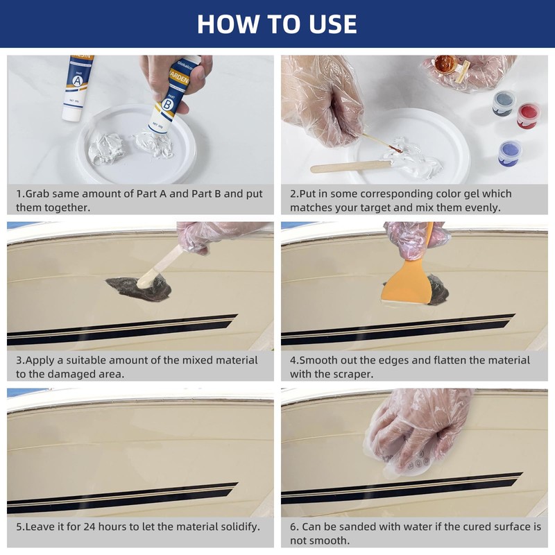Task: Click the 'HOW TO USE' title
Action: coord(277,24)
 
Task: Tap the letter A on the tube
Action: coord(77,81)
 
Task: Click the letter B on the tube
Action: coord(167,105)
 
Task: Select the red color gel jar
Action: coord(528,115)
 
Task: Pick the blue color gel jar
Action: coord(509,153)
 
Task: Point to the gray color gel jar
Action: coord(504,103)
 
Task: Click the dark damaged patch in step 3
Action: coord(139,289)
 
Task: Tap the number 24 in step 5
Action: coord(89,527)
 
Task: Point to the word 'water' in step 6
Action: coord(416,527)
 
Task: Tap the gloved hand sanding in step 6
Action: coord(418,432)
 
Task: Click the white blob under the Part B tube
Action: coord(153,144)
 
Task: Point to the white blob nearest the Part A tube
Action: coord(106,148)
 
